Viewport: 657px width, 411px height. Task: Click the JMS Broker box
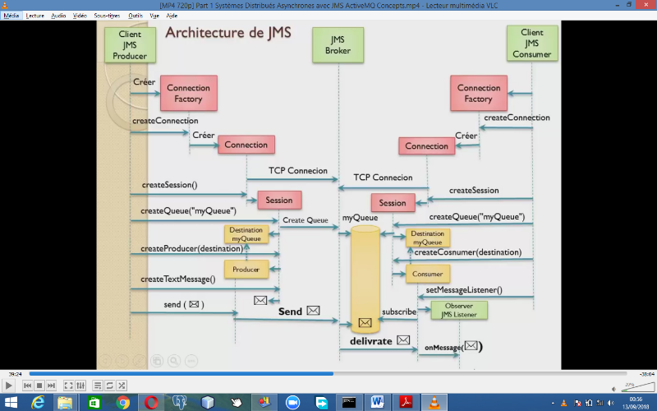(x=338, y=44)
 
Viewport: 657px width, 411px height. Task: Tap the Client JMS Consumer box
(x=531, y=44)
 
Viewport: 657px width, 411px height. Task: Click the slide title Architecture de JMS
(x=227, y=34)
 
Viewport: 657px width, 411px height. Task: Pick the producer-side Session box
(x=278, y=200)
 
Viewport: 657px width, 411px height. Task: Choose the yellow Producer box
(x=246, y=270)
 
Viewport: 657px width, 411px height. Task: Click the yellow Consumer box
(x=427, y=274)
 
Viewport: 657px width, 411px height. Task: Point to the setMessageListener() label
(x=464, y=290)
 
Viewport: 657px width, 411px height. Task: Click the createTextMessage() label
(x=178, y=279)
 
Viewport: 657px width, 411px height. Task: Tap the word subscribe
(x=399, y=312)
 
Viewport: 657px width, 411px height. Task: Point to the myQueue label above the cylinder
(x=360, y=218)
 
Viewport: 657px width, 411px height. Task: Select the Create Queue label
(x=305, y=220)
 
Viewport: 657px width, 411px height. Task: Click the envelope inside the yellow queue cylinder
(x=365, y=322)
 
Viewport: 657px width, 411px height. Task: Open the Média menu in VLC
(x=11, y=16)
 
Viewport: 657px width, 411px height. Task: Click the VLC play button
(x=9, y=385)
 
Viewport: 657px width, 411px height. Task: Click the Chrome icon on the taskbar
(x=122, y=402)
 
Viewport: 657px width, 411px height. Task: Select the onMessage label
(x=443, y=348)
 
